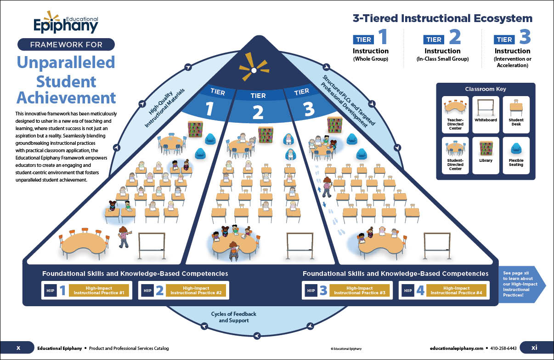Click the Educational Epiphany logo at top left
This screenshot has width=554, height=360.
click(x=66, y=23)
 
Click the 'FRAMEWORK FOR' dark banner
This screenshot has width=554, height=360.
click(x=66, y=45)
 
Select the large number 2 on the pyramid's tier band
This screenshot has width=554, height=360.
click(x=258, y=112)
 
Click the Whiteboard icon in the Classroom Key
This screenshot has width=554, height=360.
click(x=486, y=110)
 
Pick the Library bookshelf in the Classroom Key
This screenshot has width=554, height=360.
click(x=486, y=149)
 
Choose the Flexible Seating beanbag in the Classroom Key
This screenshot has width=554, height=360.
click(x=516, y=148)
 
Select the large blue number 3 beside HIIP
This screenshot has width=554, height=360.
click(x=323, y=290)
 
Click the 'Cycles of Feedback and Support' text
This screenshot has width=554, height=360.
click(x=234, y=317)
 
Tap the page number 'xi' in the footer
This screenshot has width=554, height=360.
click(x=534, y=348)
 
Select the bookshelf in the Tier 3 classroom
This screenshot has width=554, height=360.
click(x=335, y=125)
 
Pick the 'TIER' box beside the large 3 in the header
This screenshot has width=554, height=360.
click(x=504, y=40)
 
